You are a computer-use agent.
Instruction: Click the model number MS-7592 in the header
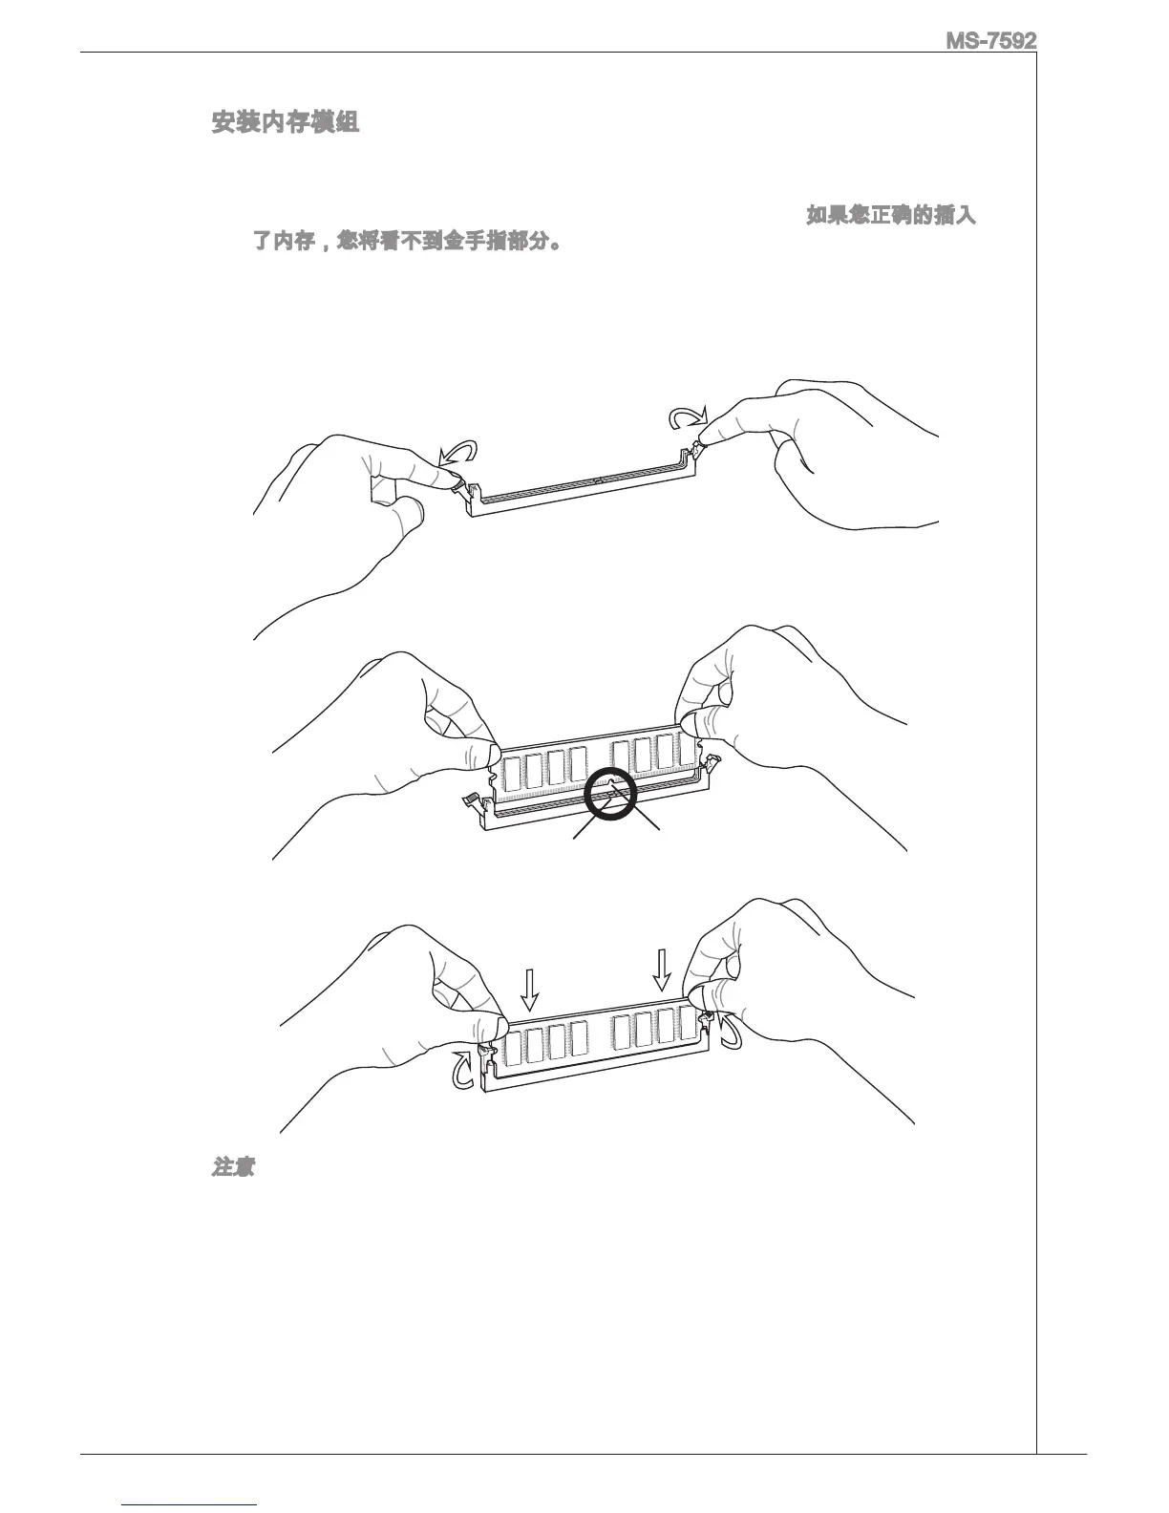990,42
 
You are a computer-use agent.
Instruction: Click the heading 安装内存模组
285,123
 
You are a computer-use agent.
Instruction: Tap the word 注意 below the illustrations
232,1167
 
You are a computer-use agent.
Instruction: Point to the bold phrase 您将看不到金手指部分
448,241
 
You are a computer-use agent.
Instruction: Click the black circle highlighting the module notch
611,794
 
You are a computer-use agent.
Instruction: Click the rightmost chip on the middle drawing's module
685,752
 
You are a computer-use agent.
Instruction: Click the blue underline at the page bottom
190,1504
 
